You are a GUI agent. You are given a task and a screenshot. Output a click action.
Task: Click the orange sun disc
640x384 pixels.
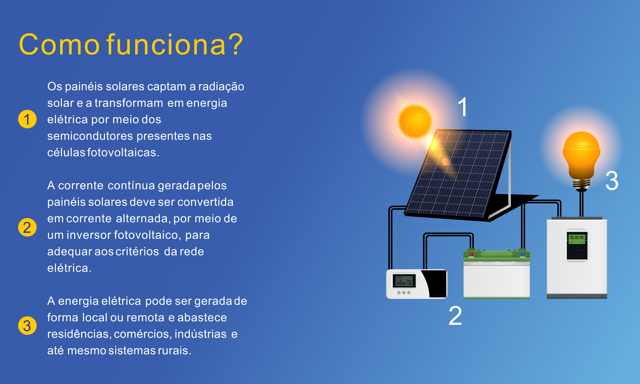click(415, 121)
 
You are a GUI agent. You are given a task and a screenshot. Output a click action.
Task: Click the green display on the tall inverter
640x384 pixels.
click(577, 238)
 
